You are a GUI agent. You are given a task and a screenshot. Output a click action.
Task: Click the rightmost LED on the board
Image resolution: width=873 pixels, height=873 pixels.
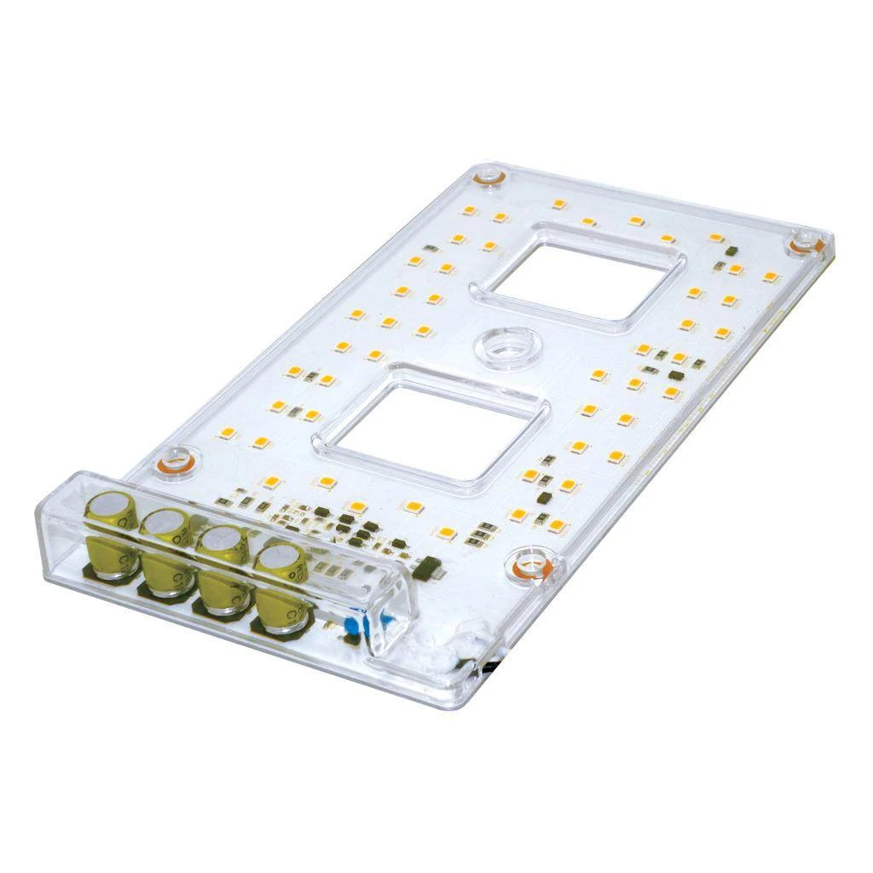click(x=771, y=276)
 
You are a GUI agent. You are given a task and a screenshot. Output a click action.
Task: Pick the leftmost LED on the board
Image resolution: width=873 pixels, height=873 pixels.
click(x=227, y=433)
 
